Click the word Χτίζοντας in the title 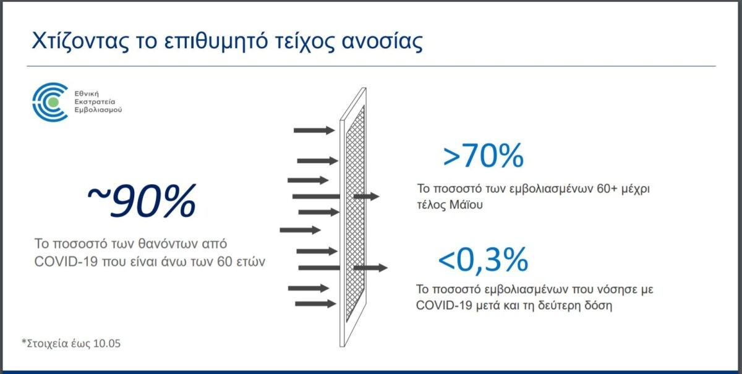coord(80,41)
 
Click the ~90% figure coord(142,201)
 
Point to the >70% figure coord(484,155)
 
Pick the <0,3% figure coord(483,260)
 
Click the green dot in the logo coord(53,102)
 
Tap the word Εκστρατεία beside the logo coord(95,102)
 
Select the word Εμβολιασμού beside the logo coord(98,110)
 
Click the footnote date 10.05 coord(107,343)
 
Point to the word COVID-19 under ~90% coord(66,261)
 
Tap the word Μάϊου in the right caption coord(466,205)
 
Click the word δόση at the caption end coord(598,305)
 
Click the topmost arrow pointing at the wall coord(314,130)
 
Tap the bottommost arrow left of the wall coord(315,304)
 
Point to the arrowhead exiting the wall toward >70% coord(375,196)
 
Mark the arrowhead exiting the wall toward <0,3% coord(383,268)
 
